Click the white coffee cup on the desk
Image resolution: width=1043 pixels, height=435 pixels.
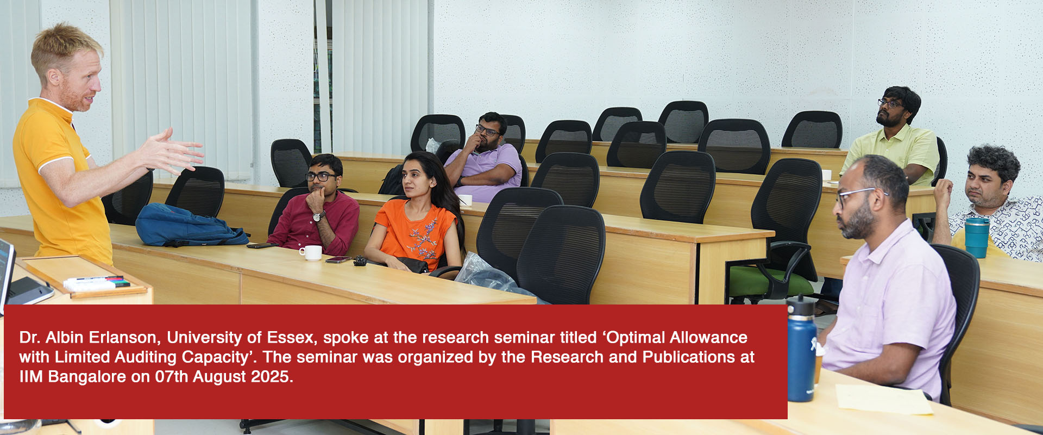click(x=311, y=253)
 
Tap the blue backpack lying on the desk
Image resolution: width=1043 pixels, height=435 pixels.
click(x=190, y=225)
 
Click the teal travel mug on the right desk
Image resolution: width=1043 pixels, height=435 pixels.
click(x=977, y=237)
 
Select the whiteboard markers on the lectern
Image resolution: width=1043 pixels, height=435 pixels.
click(x=97, y=283)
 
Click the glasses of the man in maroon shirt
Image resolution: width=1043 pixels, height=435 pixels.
click(x=321, y=176)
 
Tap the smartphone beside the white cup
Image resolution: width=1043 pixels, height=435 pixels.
click(x=338, y=260)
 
